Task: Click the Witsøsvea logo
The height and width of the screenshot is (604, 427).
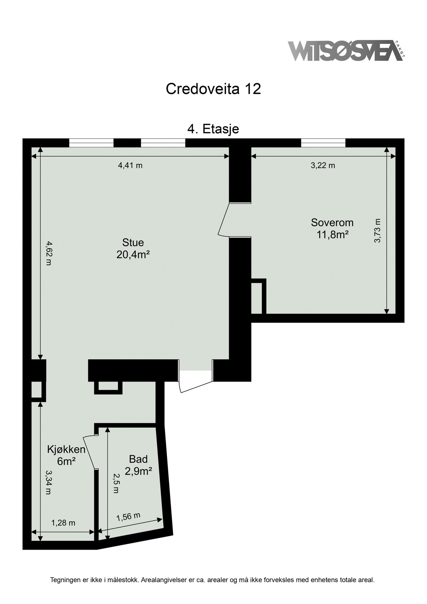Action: click(x=345, y=51)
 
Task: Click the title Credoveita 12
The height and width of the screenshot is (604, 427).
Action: click(x=213, y=89)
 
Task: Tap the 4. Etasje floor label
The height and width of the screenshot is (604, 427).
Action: click(x=213, y=129)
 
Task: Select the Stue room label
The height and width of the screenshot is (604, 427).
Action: click(x=133, y=242)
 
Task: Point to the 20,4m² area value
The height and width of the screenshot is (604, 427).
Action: click(x=133, y=255)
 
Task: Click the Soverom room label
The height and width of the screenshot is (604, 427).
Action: click(x=332, y=222)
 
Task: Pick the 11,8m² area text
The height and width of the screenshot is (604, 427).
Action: click(x=332, y=234)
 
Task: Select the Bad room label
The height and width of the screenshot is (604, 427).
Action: click(x=138, y=459)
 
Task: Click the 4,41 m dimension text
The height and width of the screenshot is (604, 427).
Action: click(x=130, y=165)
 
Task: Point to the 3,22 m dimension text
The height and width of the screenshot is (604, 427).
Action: click(x=323, y=165)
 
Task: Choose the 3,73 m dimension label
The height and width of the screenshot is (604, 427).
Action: click(x=378, y=231)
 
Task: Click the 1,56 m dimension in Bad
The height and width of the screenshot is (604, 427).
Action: click(x=128, y=517)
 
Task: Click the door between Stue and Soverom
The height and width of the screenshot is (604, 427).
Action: click(x=224, y=219)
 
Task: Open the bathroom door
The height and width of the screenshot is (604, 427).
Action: click(x=89, y=452)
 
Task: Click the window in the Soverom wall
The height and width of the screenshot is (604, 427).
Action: click(x=323, y=143)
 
